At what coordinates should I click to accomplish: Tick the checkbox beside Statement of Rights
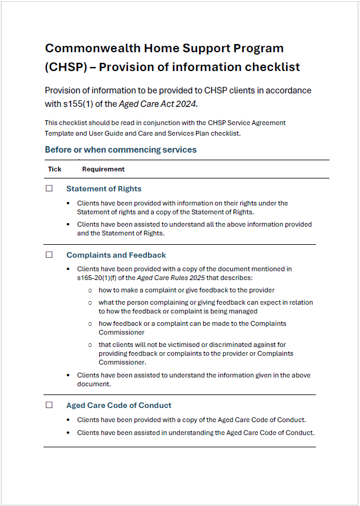(49, 188)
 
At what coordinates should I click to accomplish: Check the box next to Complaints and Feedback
(49, 255)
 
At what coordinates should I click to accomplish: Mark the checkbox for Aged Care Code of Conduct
(49, 405)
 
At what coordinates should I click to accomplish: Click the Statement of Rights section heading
(103, 189)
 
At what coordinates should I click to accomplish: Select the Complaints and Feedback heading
(116, 255)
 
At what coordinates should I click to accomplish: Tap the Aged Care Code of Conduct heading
(119, 406)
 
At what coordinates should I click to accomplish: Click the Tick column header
(55, 169)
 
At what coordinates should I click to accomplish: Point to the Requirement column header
(103, 169)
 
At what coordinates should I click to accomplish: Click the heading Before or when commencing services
(120, 150)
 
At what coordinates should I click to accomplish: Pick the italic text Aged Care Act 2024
(158, 104)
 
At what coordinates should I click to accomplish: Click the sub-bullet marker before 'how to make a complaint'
(90, 290)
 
